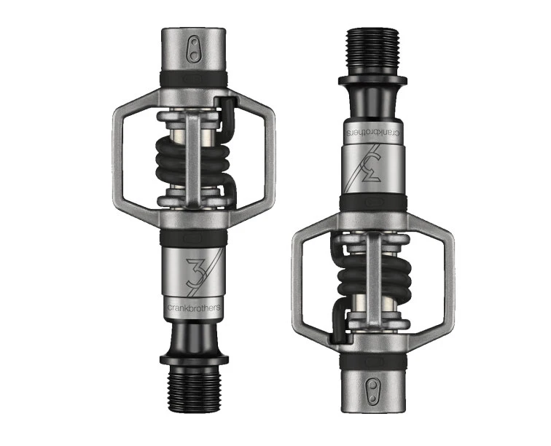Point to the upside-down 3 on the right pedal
tap(370, 170)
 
